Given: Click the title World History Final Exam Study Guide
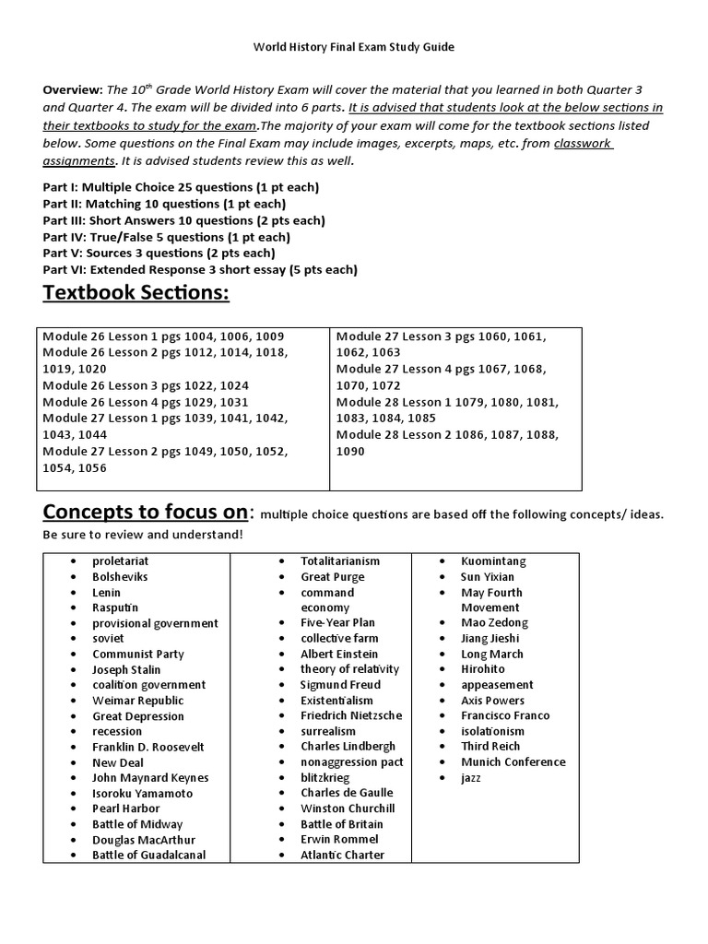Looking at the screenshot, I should [354, 45].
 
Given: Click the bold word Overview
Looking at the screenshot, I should [73, 90].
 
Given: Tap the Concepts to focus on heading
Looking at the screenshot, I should [146, 512].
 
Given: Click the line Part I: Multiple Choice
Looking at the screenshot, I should [181, 187].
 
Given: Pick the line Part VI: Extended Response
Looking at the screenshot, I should [200, 269].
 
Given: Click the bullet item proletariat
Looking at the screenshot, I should [120, 560].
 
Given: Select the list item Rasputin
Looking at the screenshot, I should [115, 608].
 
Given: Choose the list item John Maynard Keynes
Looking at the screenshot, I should [150, 777].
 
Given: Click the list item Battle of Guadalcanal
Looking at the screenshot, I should [148, 855].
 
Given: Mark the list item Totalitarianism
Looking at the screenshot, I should [340, 560].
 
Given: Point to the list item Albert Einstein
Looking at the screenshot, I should [339, 654].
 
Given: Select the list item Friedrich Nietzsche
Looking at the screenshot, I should [351, 715].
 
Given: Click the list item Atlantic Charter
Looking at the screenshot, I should [342, 855].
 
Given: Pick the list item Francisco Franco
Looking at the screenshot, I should [505, 715].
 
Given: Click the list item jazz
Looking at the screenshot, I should [471, 777].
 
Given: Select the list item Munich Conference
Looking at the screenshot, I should [513, 761].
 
